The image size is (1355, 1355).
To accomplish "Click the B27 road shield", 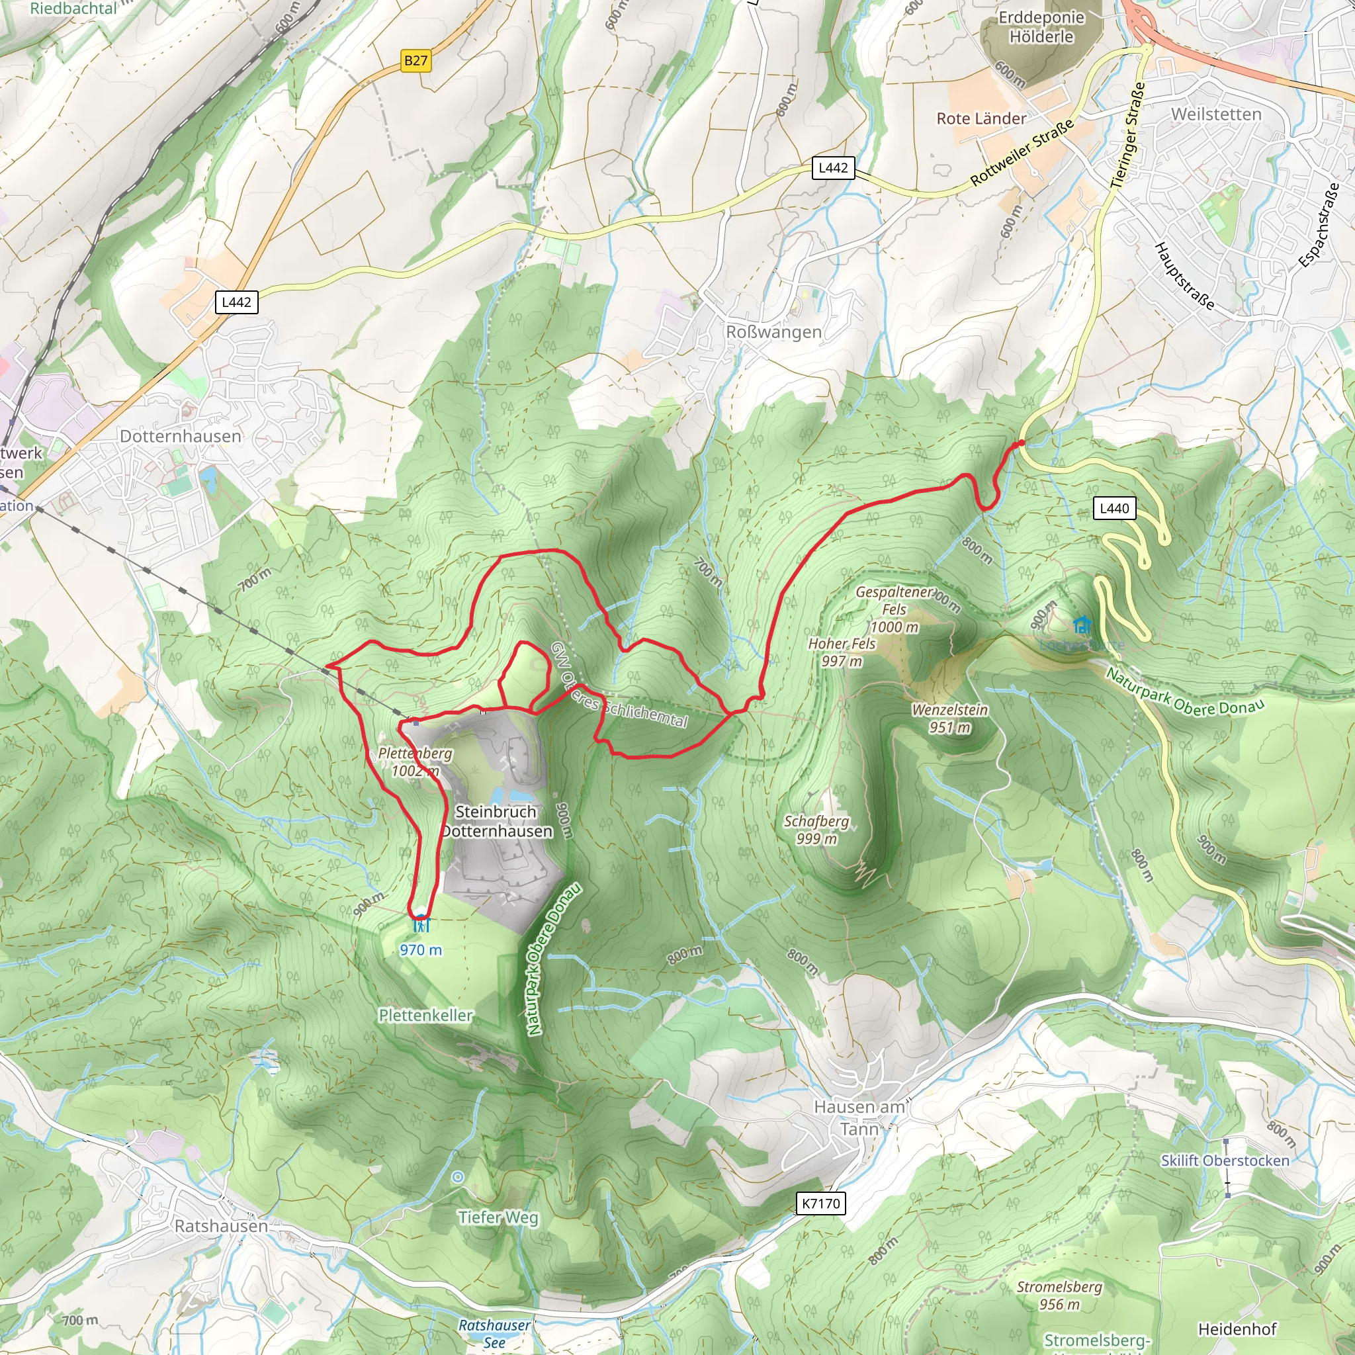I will (415, 60).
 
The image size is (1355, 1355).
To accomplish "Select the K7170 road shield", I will (820, 1203).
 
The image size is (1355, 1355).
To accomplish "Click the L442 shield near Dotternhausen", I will (236, 302).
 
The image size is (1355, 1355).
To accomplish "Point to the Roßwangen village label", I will (773, 331).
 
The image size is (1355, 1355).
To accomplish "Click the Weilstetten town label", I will (1216, 114).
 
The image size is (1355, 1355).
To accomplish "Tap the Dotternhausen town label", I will (180, 436).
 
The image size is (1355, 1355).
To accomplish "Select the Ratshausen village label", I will (221, 1226).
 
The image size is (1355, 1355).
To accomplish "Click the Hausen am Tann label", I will (859, 1118).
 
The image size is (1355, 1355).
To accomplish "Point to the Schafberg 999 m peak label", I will (816, 829).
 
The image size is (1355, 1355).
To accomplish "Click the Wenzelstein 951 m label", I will (949, 718).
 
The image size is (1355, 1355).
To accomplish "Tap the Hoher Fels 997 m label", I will (842, 652).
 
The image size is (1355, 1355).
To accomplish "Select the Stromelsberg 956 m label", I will (1059, 1295).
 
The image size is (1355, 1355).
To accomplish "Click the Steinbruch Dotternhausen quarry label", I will (497, 821).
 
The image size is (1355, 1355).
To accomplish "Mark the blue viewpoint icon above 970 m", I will (421, 926).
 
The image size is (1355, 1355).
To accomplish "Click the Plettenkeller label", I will (425, 1015).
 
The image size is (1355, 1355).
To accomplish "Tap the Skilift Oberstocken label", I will (1225, 1160).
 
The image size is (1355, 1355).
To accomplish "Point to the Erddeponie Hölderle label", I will (1041, 26).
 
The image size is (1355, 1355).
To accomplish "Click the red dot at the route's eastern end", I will (1021, 443).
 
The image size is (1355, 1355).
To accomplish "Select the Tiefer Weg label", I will (498, 1217).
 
